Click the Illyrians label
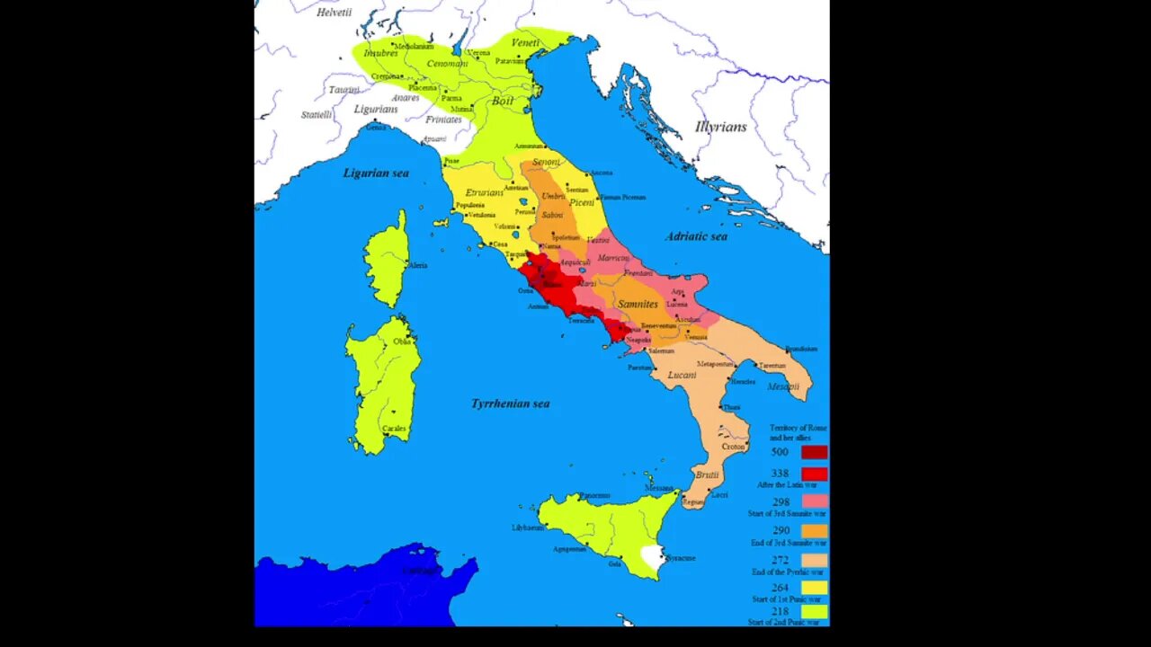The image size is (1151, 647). click(720, 127)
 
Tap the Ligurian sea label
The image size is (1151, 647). click(376, 173)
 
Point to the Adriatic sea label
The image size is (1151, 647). click(696, 236)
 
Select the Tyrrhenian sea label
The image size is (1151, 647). click(510, 403)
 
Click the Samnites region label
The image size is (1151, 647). click(638, 304)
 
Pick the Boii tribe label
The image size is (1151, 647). click(503, 101)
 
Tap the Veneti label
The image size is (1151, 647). click(525, 42)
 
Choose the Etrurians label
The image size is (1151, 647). click(485, 192)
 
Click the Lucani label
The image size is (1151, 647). click(682, 375)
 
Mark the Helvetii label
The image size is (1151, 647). click(334, 12)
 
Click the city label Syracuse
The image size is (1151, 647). click(681, 558)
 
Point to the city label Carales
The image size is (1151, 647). click(394, 429)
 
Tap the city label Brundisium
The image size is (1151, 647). click(800, 349)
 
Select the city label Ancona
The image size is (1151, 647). click(602, 173)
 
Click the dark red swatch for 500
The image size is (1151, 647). click(814, 452)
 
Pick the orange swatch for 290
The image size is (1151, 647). click(814, 530)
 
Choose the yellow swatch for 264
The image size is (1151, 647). click(814, 588)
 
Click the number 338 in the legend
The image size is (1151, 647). click(780, 474)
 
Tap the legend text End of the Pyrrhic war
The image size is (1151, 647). click(787, 572)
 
